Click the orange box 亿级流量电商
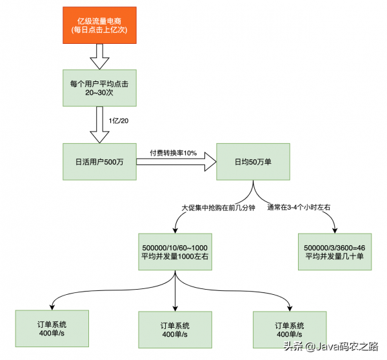tap(99, 25)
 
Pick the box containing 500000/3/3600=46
tap(335, 252)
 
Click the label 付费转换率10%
tap(173, 153)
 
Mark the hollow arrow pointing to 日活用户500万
tap(99, 125)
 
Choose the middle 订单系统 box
tap(175, 330)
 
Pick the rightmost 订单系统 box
tap(290, 330)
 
